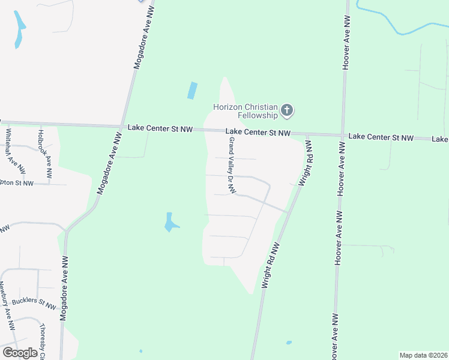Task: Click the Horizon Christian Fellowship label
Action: pyautogui.click(x=246, y=111)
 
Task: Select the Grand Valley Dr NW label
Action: pyautogui.click(x=231, y=165)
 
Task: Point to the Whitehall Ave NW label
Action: pyautogui.click(x=15, y=152)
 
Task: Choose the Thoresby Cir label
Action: pyautogui.click(x=43, y=340)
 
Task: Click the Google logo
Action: pyautogui.click(x=20, y=353)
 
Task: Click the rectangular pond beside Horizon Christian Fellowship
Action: pyautogui.click(x=192, y=91)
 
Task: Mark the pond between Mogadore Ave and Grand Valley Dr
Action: pyautogui.click(x=170, y=223)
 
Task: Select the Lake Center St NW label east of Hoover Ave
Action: pyautogui.click(x=381, y=137)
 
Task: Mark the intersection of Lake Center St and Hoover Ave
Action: pyautogui.click(x=343, y=135)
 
